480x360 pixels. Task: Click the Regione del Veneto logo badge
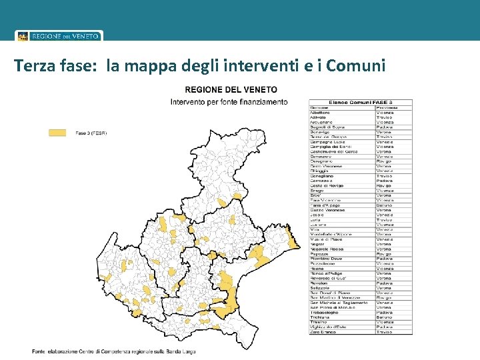(x=59, y=36)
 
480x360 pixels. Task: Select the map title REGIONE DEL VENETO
(x=231, y=89)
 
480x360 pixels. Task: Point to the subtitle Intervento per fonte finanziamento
(x=229, y=102)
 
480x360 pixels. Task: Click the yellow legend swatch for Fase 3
(x=58, y=133)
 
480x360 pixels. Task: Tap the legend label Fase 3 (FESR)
(x=91, y=133)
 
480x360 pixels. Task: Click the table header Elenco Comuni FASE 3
(x=360, y=102)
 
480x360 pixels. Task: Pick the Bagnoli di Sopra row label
(x=327, y=127)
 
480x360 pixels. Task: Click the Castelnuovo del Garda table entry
(x=333, y=151)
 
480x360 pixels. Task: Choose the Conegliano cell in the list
(x=323, y=176)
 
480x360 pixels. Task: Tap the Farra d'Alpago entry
(x=325, y=205)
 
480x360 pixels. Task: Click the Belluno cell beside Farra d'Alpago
(x=385, y=205)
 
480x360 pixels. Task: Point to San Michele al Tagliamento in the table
(x=339, y=302)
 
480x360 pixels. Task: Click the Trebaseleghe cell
(x=325, y=312)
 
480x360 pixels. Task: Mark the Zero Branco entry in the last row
(x=323, y=331)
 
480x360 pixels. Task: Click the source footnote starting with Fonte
(x=113, y=351)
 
